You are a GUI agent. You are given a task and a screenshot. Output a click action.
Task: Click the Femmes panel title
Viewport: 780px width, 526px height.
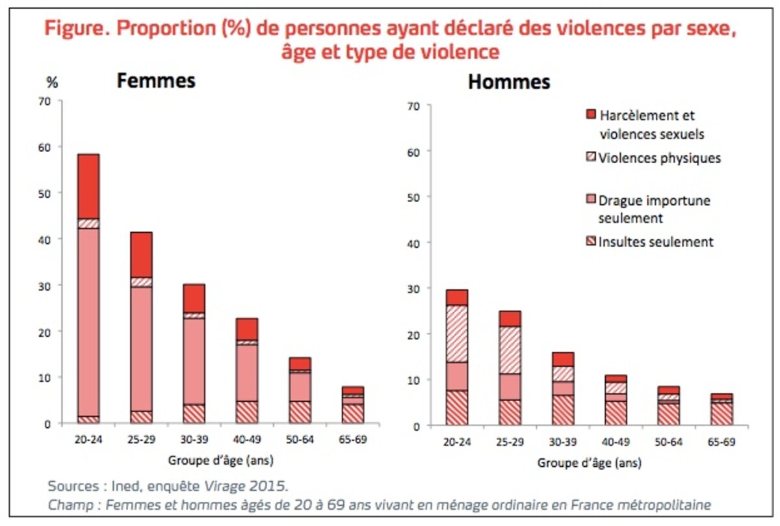[x=156, y=81]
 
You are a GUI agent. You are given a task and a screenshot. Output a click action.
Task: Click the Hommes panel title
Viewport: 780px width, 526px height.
[x=509, y=83]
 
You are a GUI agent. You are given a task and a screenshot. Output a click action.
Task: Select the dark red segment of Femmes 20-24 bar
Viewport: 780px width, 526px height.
[x=88, y=186]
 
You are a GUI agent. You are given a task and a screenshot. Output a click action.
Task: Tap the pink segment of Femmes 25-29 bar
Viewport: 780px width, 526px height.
[x=141, y=348]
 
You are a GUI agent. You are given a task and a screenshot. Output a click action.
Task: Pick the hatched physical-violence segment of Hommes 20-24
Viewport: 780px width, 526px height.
[x=458, y=334]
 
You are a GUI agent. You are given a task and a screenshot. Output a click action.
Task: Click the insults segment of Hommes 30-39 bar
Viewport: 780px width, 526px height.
[x=563, y=410]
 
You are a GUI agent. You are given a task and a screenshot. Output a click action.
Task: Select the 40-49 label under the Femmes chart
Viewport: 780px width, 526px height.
[x=246, y=440]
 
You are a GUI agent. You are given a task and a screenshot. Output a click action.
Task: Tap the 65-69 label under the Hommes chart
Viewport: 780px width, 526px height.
[x=721, y=442]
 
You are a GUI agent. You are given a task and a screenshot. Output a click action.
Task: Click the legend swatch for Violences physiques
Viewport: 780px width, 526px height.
[x=590, y=157]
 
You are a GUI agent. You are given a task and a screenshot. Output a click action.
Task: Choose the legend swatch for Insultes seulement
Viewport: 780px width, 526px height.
[x=590, y=242]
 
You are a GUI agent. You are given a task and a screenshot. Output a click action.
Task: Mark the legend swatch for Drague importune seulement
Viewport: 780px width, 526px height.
[x=590, y=200]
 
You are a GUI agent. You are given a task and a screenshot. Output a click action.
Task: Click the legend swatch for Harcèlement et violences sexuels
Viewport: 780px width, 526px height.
[x=590, y=115]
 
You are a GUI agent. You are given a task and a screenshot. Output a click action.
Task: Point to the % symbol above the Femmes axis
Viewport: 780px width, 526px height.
[x=52, y=83]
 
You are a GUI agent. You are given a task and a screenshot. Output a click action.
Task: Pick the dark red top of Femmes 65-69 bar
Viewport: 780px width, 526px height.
[x=352, y=390]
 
